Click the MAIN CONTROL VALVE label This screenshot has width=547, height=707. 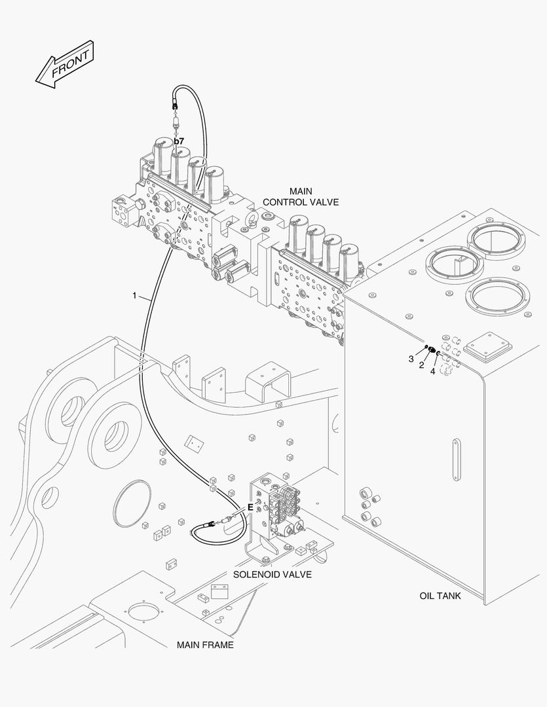[301, 196]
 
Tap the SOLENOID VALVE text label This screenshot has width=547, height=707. [272, 574]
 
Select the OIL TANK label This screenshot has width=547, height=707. [440, 596]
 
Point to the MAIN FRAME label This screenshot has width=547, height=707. [204, 645]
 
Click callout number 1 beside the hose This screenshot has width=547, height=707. [134, 296]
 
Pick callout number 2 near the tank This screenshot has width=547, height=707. [422, 365]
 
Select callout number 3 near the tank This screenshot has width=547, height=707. [411, 359]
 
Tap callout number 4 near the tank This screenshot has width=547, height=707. [432, 371]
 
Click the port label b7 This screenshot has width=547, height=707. [178, 141]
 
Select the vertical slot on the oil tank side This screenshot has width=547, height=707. [456, 462]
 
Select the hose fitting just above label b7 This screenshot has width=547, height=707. [175, 121]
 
